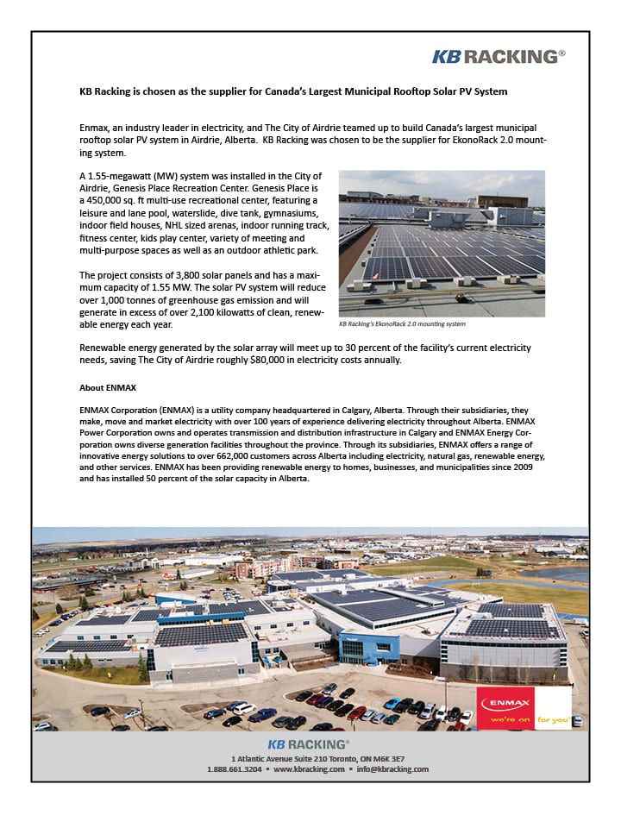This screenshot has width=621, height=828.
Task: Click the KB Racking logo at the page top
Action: click(x=499, y=56)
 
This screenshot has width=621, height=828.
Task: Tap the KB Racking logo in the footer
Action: click(x=308, y=743)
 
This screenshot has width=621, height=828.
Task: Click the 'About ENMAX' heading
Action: click(x=108, y=388)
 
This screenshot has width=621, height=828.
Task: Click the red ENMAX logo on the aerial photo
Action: click(x=505, y=703)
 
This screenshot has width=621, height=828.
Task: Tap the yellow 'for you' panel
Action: click(x=553, y=718)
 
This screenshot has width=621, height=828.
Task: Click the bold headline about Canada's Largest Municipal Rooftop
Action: click(x=293, y=91)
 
